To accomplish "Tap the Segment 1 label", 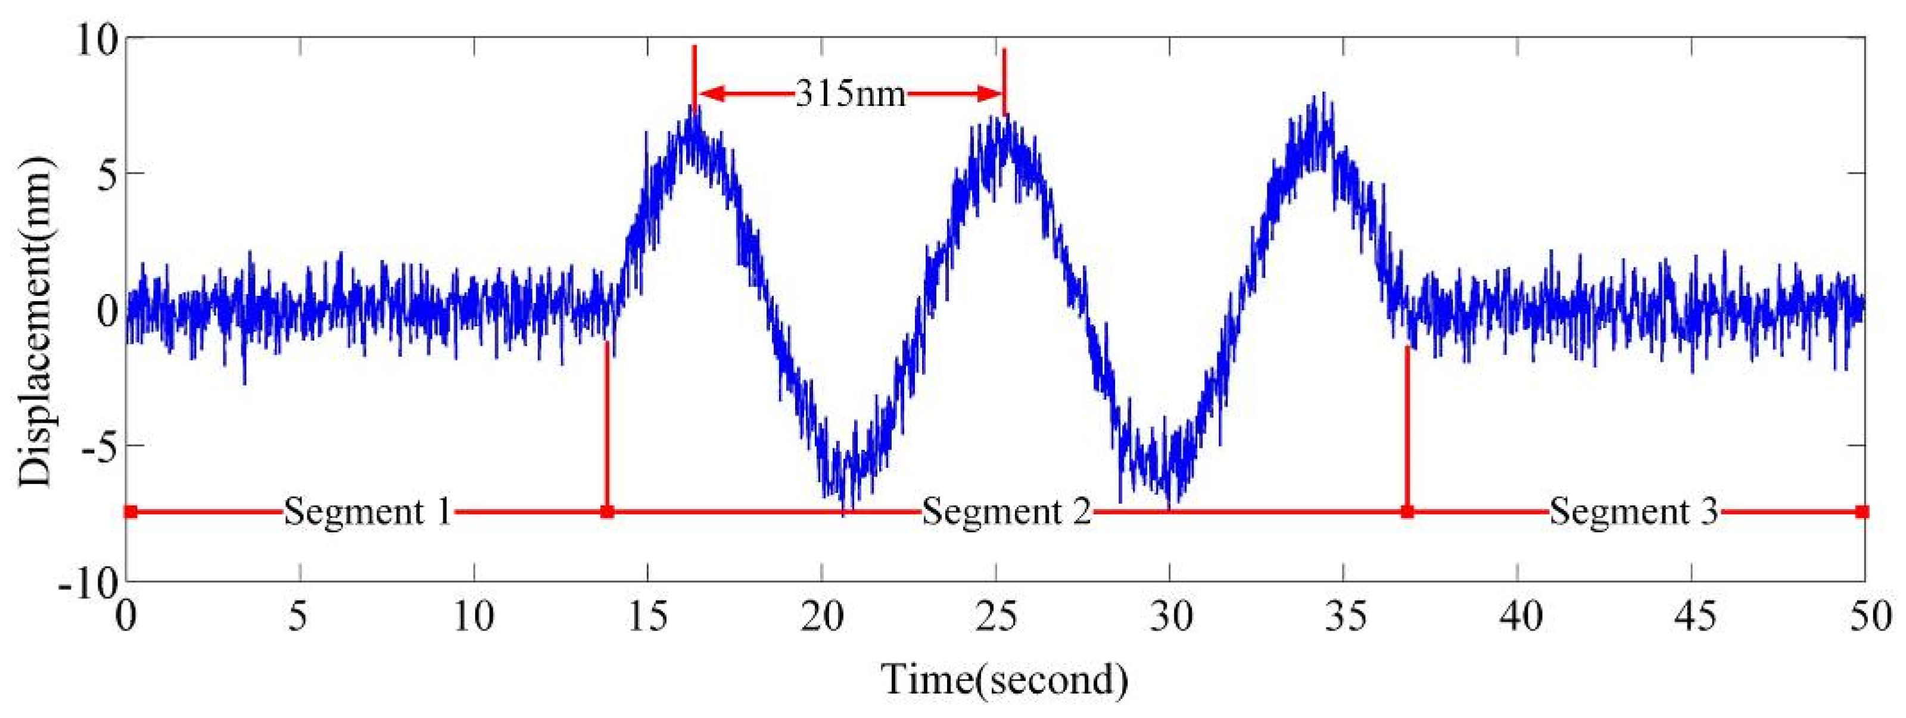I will (368, 511).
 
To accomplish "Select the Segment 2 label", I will (1006, 511).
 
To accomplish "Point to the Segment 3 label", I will (1634, 511).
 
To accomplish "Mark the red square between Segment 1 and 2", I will (607, 511).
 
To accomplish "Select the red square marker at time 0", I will (130, 511).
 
